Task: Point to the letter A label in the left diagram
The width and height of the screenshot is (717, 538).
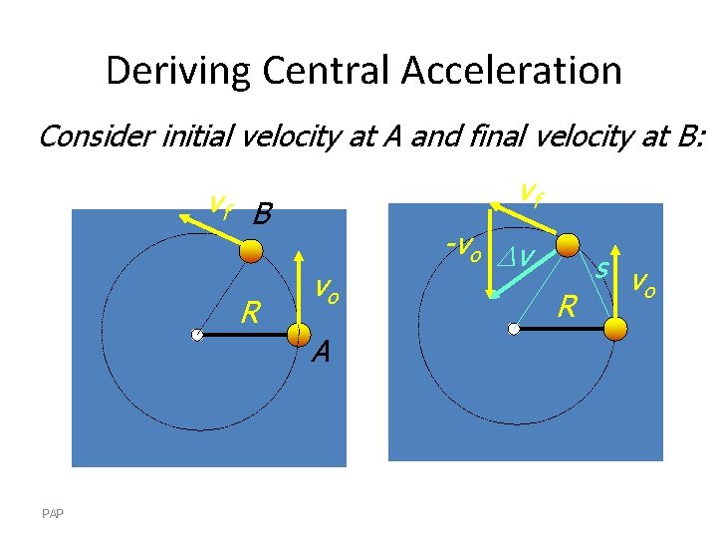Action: [320, 352]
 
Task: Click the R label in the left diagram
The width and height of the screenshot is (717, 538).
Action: [251, 315]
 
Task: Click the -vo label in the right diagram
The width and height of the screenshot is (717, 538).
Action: [465, 247]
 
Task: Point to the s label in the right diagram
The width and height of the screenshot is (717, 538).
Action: [602, 268]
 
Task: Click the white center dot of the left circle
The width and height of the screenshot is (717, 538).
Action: [198, 336]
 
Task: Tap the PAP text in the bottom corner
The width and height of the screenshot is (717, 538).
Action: [53, 513]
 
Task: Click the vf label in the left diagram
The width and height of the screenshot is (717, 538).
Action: [221, 205]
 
